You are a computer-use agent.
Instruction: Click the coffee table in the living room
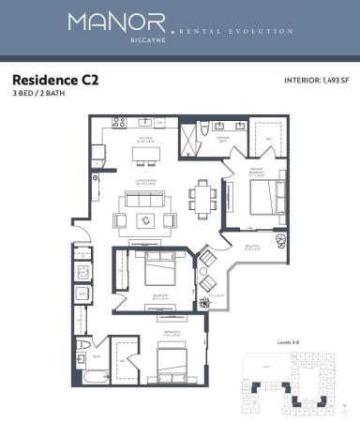tap(146, 219)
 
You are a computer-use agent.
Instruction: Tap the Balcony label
tap(252, 247)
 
